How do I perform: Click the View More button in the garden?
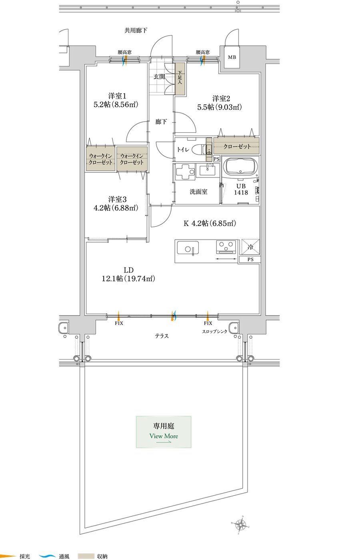(x=164, y=432)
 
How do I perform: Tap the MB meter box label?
(x=232, y=57)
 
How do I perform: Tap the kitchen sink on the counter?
(x=188, y=248)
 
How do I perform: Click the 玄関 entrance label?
(x=159, y=77)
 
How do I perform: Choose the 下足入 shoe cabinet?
(x=180, y=79)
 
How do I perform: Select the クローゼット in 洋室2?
(x=237, y=146)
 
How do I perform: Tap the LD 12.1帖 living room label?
(x=128, y=274)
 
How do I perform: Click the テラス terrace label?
(x=162, y=336)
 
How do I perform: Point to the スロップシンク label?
(x=214, y=332)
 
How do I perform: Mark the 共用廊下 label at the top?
(x=136, y=30)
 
